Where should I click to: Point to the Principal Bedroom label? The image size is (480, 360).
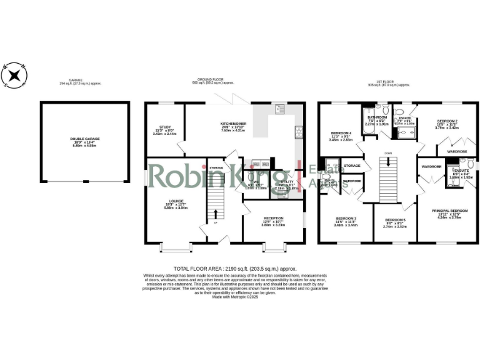449,211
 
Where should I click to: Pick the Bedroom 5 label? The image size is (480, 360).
395,220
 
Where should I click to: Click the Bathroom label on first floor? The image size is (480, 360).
377,117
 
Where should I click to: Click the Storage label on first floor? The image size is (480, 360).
352,166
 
